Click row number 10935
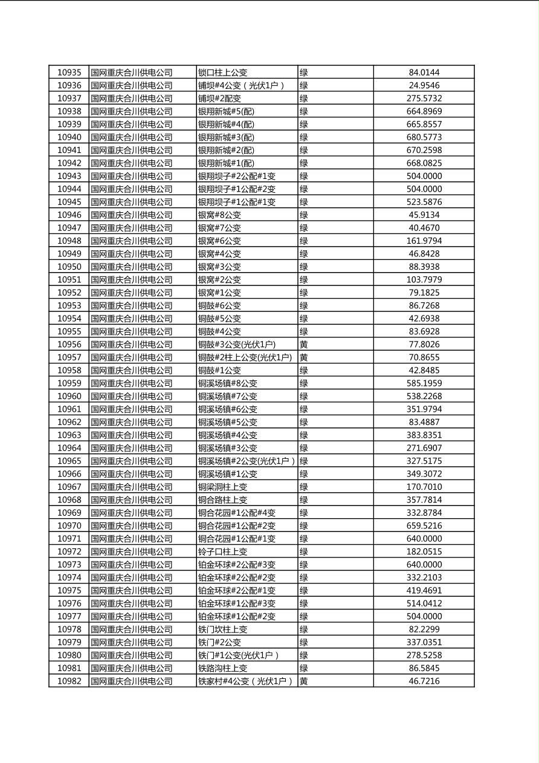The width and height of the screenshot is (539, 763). [69, 73]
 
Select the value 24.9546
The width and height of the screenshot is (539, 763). [424, 85]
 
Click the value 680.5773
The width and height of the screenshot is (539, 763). [424, 137]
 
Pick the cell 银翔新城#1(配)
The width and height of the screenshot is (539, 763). [226, 163]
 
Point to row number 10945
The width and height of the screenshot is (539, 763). [69, 202]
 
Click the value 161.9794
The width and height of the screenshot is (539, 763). [424, 241]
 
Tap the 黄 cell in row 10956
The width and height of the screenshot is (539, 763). [304, 344]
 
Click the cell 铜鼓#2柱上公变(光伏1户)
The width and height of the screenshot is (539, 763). [245, 357]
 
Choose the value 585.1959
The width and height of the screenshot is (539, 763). [424, 383]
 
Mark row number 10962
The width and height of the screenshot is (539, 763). [69, 422]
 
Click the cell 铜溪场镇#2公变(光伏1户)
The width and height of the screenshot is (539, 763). [247, 461]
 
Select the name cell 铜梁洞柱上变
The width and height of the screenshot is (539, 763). [222, 487]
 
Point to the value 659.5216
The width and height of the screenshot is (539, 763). [424, 525]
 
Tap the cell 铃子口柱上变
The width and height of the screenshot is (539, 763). [222, 551]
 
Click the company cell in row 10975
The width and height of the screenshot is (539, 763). [132, 590]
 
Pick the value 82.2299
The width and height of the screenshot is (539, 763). [424, 629]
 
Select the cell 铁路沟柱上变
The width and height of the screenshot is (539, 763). [222, 668]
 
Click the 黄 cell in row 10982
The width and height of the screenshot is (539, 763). [304, 681]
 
